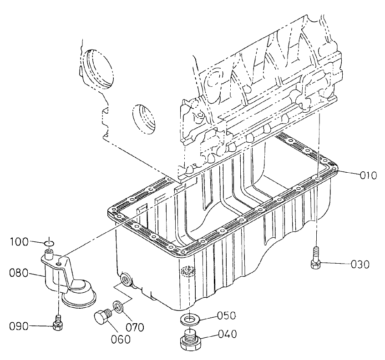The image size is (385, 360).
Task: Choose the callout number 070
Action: point(135,326)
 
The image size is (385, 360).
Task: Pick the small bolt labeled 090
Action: point(58,324)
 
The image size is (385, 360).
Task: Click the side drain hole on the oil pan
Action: point(125,278)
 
